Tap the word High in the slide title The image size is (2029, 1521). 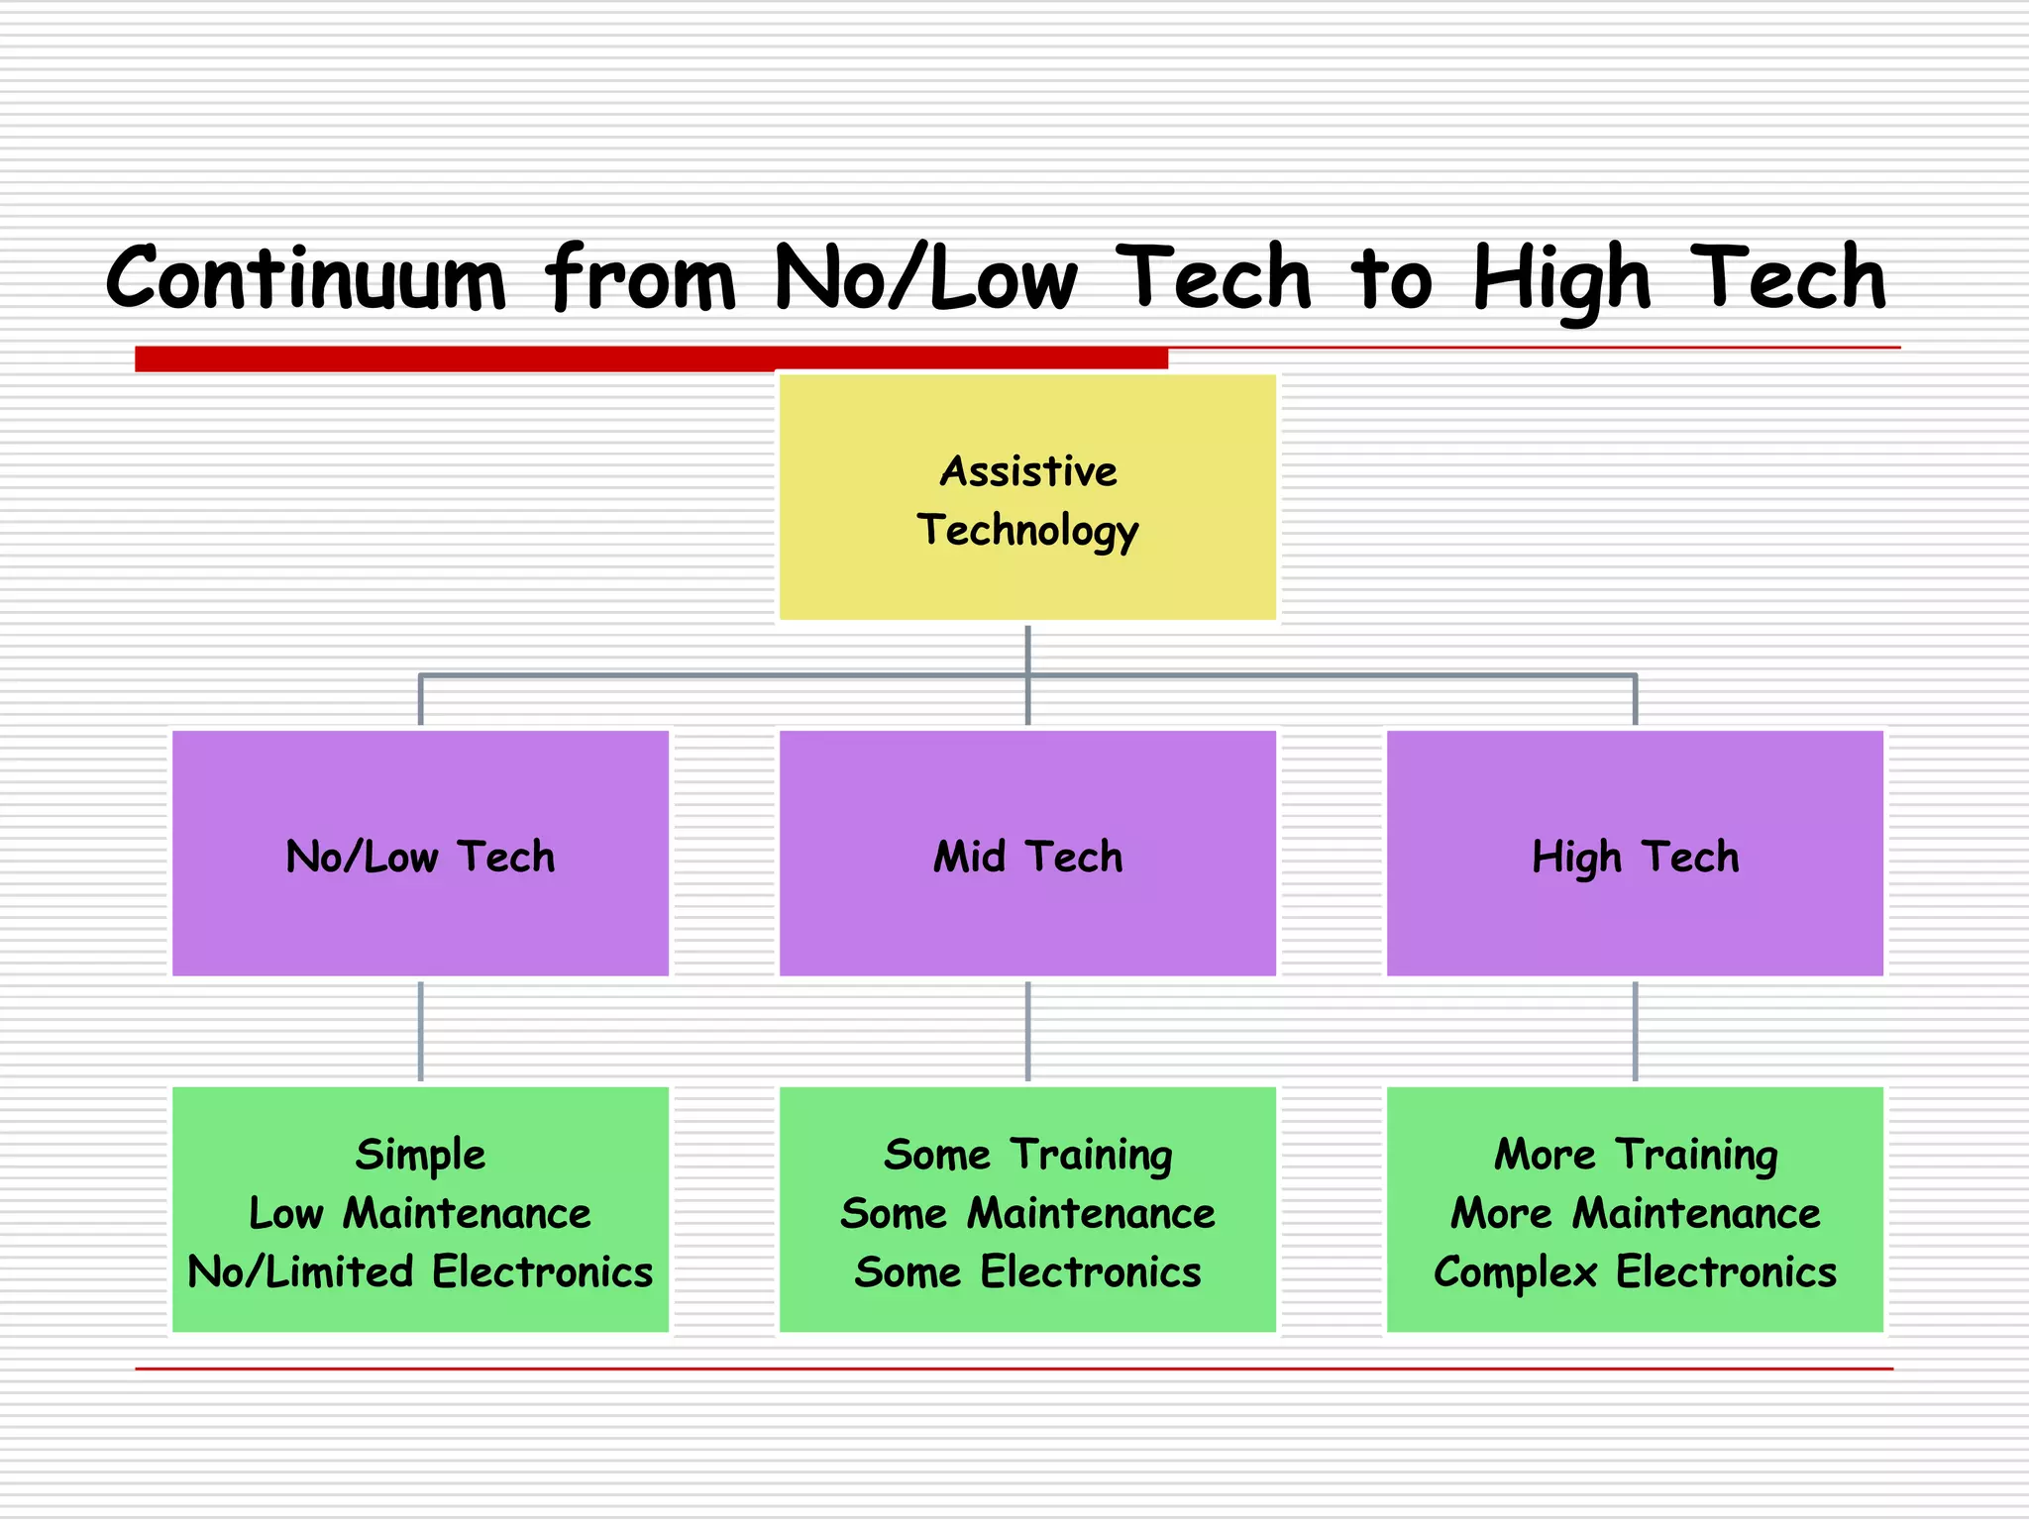(1561, 280)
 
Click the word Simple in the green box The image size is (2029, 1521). (420, 1155)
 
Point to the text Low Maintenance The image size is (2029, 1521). (420, 1214)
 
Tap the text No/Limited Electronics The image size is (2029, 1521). (420, 1272)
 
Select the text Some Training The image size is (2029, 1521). (1027, 1155)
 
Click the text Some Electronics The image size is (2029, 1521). (1027, 1272)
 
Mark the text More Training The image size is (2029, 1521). (1635, 1155)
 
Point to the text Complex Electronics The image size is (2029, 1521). (1635, 1272)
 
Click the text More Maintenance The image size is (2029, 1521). (1635, 1214)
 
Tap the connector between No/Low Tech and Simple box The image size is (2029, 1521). (420, 1031)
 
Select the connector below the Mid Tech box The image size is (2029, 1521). (1027, 1031)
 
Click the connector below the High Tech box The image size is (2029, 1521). (1635, 1031)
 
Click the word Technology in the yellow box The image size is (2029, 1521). (1027, 530)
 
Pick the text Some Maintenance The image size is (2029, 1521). (1027, 1214)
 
